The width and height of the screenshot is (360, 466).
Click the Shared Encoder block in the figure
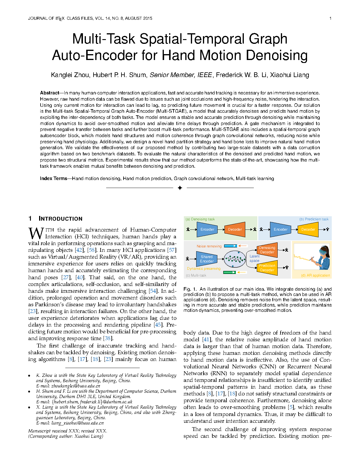[207, 259]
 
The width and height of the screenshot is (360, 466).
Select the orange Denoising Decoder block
[267, 250]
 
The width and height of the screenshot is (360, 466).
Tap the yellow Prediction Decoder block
[267, 268]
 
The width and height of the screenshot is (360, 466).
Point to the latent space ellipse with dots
[235, 259]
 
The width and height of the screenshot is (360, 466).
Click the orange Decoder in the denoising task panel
[235, 229]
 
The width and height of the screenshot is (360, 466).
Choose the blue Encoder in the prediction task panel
[280, 229]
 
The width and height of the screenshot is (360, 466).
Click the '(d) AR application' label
[315, 275]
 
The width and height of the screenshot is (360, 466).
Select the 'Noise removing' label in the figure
[209, 246]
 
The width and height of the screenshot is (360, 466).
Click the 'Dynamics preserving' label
[204, 269]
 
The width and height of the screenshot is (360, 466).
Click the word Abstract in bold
[49, 93]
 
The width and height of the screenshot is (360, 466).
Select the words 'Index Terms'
[54, 179]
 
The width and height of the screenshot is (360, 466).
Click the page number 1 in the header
[330, 18]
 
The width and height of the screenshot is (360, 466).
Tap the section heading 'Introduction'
[61, 219]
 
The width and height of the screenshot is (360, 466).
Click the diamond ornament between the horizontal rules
[180, 188]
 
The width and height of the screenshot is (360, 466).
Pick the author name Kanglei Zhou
[70, 75]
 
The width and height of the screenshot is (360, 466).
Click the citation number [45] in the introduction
[158, 325]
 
